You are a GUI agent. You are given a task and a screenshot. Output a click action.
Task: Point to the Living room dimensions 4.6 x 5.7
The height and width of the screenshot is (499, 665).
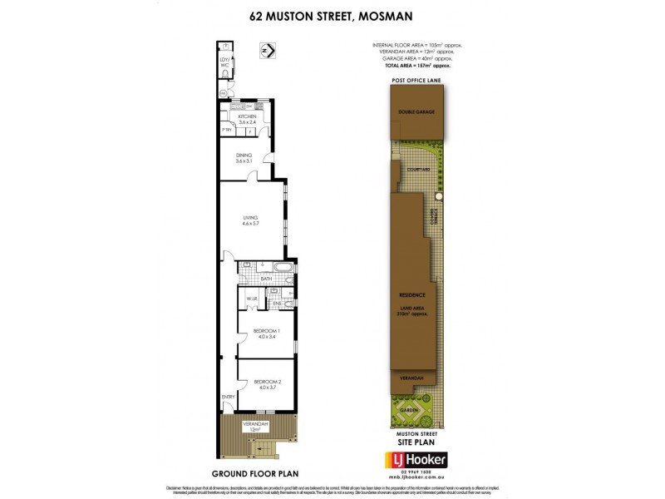point(251,224)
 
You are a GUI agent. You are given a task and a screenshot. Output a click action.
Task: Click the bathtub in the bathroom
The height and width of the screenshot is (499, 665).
point(282,269)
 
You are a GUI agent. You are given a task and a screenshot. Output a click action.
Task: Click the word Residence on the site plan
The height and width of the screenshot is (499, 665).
point(412,295)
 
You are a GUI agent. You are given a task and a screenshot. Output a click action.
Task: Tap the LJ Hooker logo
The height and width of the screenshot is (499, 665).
point(414,460)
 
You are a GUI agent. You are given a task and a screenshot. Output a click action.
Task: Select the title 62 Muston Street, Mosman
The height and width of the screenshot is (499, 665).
point(332,15)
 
